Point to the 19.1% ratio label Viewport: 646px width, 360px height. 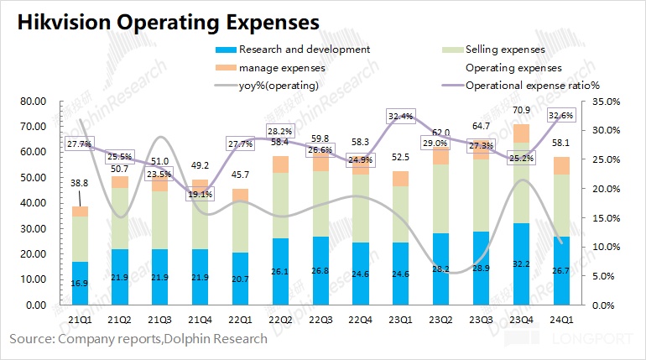click(200, 194)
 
